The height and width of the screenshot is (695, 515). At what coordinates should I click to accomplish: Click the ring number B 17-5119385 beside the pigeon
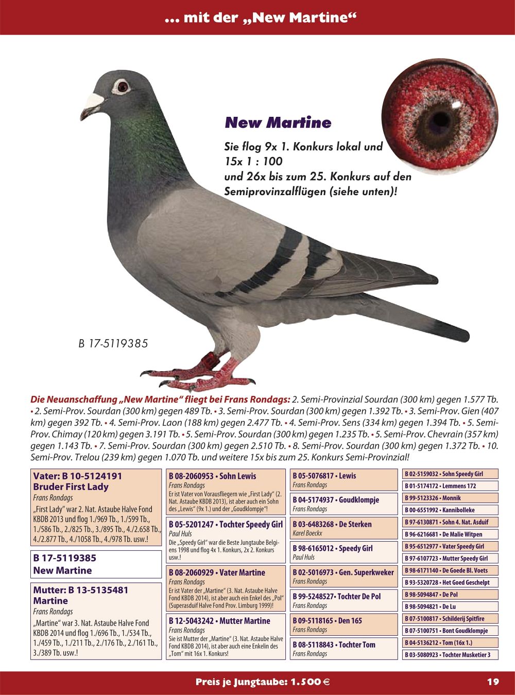(113, 343)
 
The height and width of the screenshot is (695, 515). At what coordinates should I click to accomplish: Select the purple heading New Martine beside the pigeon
(278, 123)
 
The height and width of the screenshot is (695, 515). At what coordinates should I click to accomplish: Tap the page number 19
(493, 682)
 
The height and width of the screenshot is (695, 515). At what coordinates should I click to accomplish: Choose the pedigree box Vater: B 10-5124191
(96, 507)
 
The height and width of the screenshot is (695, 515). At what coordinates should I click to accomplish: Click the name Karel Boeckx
(307, 533)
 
